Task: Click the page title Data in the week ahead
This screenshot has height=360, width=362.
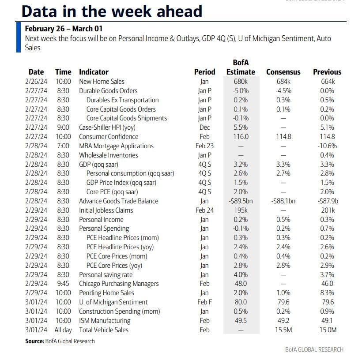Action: [x=112, y=11]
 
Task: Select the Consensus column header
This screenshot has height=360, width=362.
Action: [x=283, y=72]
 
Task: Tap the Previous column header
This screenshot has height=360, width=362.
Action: [x=327, y=72]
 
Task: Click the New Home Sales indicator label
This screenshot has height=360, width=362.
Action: [x=102, y=82]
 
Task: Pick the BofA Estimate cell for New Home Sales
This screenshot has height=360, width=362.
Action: [x=241, y=82]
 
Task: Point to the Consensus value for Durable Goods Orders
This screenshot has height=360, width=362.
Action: [x=283, y=91]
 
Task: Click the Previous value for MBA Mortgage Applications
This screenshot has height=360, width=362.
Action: [x=327, y=146]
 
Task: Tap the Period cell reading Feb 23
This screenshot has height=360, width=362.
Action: [x=204, y=146]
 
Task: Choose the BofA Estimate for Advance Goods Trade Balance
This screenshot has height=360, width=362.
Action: [x=241, y=201]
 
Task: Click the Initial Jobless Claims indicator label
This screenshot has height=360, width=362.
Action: [x=106, y=210]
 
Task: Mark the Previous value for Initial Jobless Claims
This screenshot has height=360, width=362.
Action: [x=327, y=210]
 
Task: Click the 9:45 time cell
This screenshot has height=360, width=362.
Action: [x=63, y=284]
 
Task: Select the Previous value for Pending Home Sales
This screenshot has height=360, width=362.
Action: [x=327, y=293]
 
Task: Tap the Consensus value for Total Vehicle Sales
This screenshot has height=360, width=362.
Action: [x=283, y=330]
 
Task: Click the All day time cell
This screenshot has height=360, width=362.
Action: [x=63, y=330]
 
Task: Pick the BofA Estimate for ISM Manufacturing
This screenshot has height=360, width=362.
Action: [x=241, y=320]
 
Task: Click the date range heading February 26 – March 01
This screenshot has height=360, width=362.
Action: [x=64, y=29]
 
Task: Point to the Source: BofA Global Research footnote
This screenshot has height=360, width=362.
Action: [x=60, y=341]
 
